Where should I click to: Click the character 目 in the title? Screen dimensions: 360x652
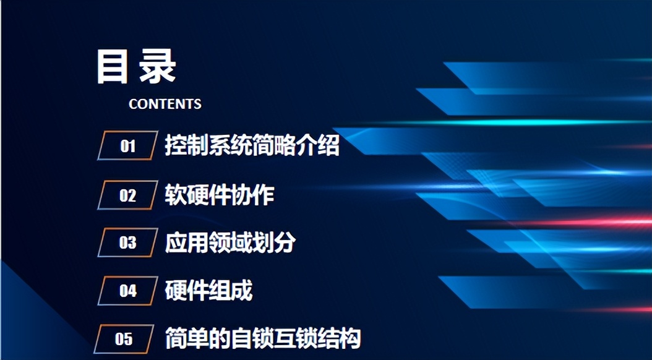[x=112, y=67]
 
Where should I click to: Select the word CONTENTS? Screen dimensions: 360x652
[x=165, y=104]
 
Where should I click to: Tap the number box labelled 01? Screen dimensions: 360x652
[x=127, y=147]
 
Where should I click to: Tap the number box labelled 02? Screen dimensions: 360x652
[x=127, y=195]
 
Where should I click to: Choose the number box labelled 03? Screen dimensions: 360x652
[x=127, y=242]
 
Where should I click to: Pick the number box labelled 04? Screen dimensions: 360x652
[x=127, y=290]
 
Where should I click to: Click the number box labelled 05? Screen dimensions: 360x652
[x=124, y=339]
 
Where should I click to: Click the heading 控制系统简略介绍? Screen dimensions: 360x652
[x=252, y=146]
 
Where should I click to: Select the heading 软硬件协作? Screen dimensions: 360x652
[x=220, y=195]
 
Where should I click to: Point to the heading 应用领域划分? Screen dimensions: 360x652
[x=230, y=242]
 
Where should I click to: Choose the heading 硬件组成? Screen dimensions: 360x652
[x=208, y=290]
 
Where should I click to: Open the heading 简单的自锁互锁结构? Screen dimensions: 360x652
[x=263, y=339]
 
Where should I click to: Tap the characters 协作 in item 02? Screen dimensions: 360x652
[x=252, y=195]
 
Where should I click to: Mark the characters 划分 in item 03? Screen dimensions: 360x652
[x=274, y=242]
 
